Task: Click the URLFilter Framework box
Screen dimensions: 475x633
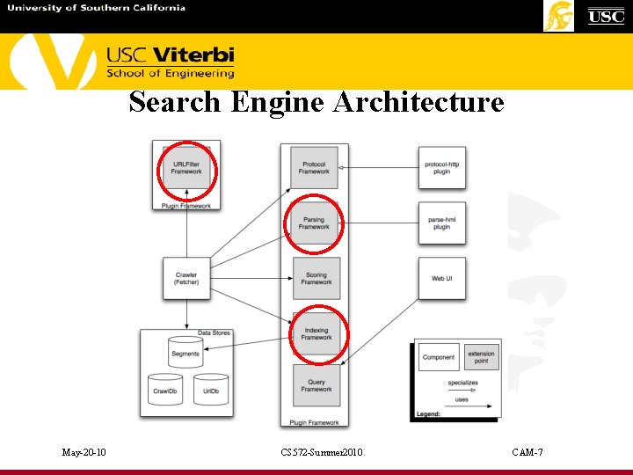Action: click(x=186, y=168)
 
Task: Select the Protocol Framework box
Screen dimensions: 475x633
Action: click(x=314, y=167)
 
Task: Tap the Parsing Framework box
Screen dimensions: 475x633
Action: click(x=314, y=223)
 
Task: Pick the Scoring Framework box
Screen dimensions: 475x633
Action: click(x=316, y=279)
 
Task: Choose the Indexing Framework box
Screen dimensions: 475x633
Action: click(x=316, y=333)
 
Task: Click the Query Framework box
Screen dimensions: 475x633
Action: click(x=316, y=385)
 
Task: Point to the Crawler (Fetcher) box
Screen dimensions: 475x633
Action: click(x=186, y=279)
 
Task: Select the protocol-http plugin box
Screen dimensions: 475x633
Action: click(x=442, y=167)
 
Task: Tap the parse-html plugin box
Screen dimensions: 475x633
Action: click(x=442, y=223)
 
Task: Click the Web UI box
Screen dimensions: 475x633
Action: click(x=442, y=279)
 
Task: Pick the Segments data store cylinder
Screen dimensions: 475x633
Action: click(x=186, y=352)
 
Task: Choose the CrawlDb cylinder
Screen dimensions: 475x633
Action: click(x=165, y=389)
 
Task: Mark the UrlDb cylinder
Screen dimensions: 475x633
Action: click(x=211, y=389)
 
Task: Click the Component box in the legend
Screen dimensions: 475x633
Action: click(x=439, y=357)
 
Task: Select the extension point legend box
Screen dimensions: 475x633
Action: click(x=481, y=357)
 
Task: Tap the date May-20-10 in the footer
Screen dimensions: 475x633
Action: click(x=84, y=452)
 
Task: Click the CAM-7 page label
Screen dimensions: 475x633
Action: click(x=527, y=452)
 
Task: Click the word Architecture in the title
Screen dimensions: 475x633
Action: click(x=418, y=102)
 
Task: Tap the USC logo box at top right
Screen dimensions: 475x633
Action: click(x=606, y=16)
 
